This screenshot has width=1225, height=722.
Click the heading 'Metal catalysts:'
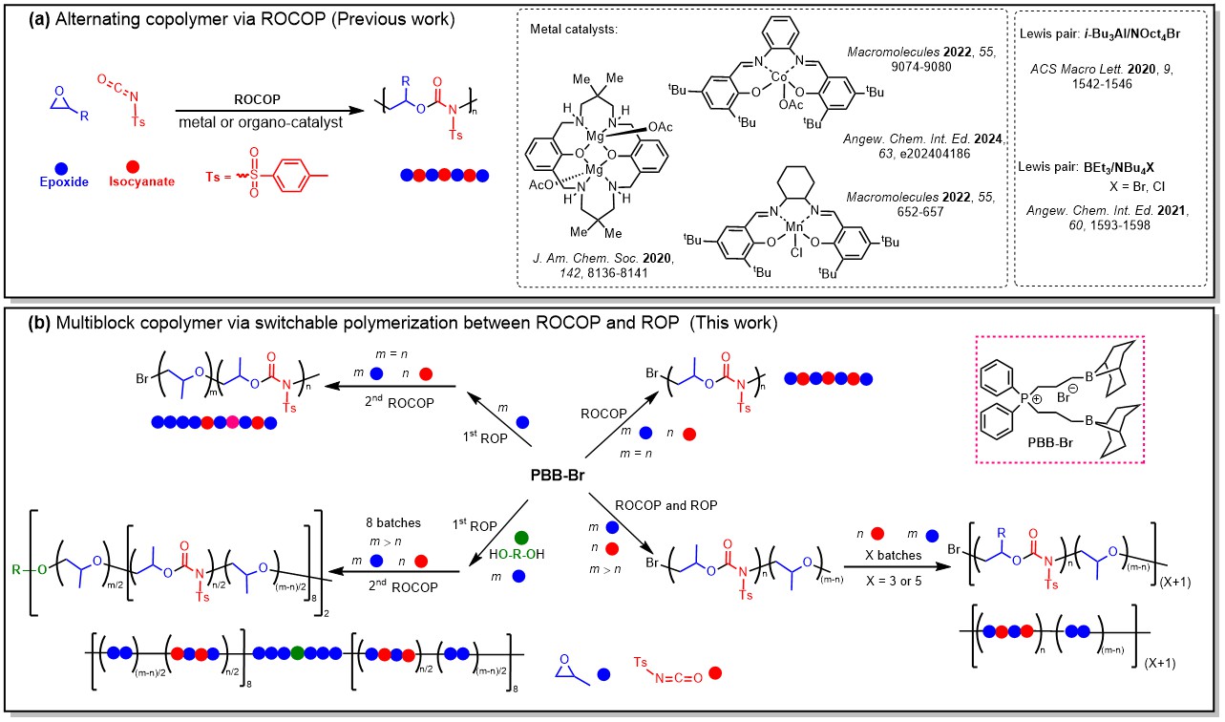point(575,30)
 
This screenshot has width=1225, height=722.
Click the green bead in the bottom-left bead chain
point(298,652)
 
